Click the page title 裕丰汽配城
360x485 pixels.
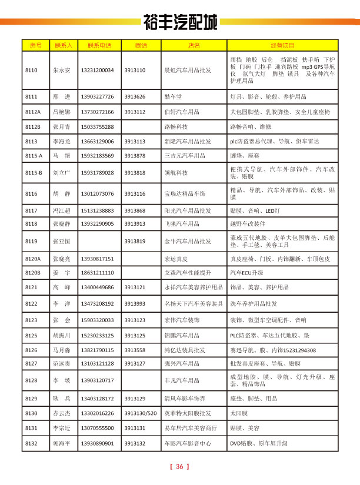[180, 23]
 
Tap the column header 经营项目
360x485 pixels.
[282, 45]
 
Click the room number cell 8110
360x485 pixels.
[32, 71]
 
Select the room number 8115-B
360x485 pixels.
[34, 173]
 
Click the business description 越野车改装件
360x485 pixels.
[248, 224]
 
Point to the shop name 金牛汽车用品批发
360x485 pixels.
[188, 241]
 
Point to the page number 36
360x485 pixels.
[180, 467]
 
